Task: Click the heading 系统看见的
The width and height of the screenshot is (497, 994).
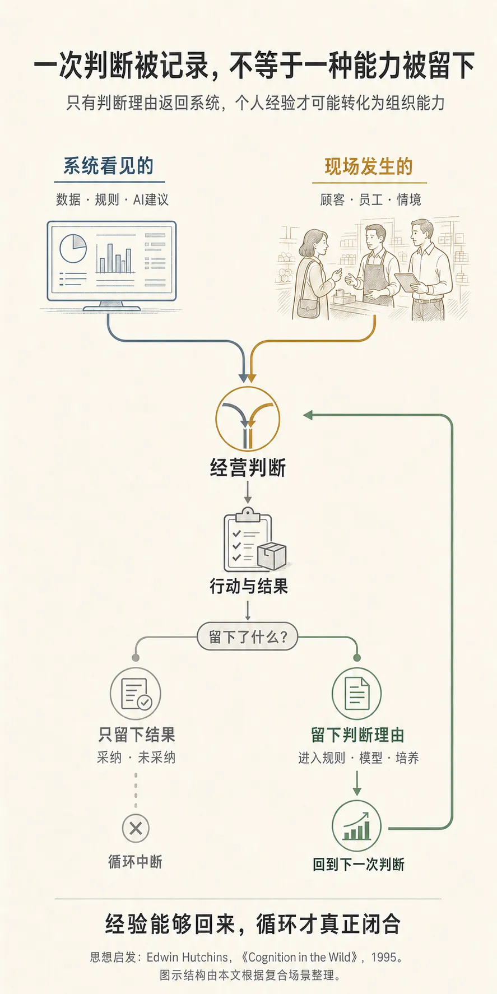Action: [x=108, y=166]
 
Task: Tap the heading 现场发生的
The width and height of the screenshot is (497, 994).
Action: [x=369, y=166]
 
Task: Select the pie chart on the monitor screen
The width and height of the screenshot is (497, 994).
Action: [x=73, y=248]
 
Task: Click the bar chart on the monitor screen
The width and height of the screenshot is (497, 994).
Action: [x=115, y=257]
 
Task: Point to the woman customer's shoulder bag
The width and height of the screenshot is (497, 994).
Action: [x=309, y=307]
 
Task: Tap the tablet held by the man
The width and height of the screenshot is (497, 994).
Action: [x=407, y=282]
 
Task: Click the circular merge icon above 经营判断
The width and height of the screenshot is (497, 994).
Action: [x=248, y=419]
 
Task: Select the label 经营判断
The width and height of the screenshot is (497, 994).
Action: [x=248, y=468]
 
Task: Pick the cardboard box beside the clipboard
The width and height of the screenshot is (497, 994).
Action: [x=272, y=556]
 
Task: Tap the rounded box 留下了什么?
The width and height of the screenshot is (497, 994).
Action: [x=247, y=637]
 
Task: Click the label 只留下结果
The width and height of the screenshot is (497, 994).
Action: [x=136, y=735]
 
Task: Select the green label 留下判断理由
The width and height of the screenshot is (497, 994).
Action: [x=357, y=735]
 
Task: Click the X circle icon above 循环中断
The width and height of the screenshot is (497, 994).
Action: [x=136, y=828]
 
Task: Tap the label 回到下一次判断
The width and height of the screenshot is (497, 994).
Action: [x=358, y=864]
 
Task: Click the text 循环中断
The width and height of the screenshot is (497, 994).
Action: [x=136, y=862]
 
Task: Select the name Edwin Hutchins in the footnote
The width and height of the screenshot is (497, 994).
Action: [x=188, y=957]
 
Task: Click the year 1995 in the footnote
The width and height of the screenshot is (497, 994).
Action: [x=384, y=957]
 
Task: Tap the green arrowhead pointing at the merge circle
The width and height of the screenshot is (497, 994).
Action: [x=308, y=415]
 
